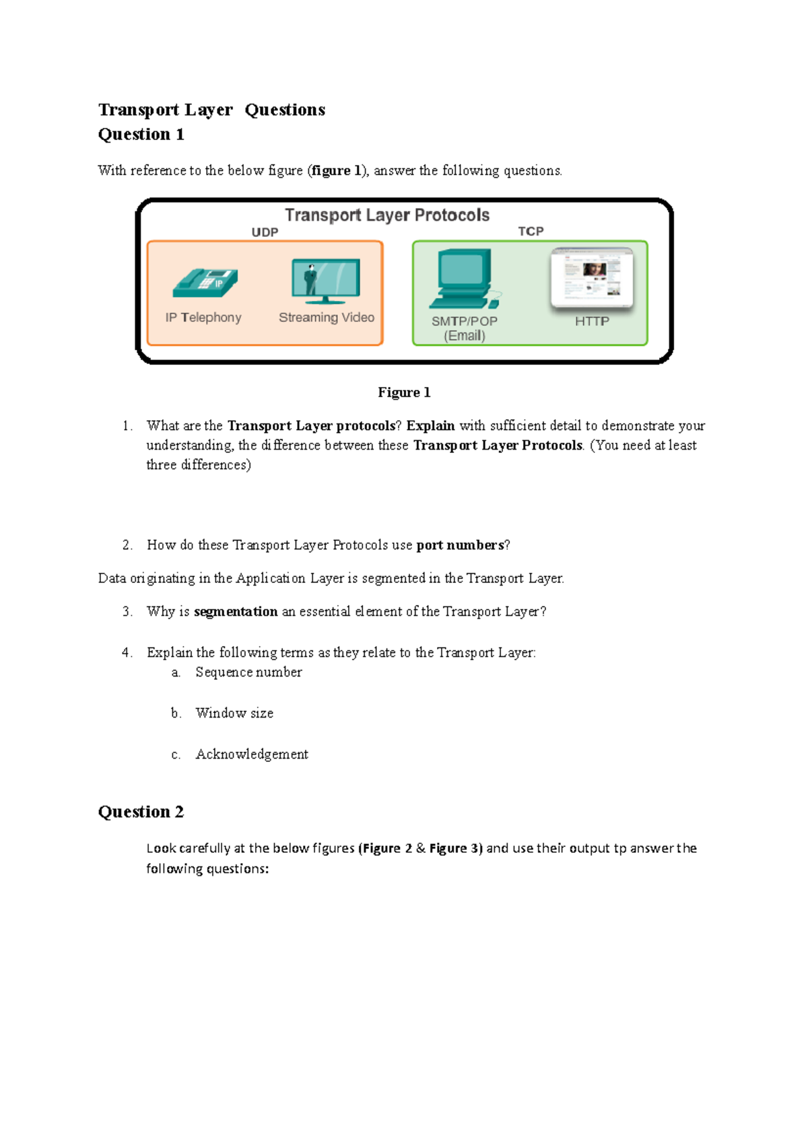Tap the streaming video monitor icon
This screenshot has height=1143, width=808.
click(326, 281)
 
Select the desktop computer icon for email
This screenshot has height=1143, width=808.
click(465, 279)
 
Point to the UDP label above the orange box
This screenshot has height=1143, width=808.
click(265, 232)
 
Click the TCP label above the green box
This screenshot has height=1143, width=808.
click(531, 231)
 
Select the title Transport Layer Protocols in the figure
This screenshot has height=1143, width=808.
click(387, 215)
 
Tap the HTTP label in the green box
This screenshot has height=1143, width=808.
click(592, 321)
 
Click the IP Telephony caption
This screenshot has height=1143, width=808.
click(203, 318)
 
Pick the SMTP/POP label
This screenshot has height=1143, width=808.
click(464, 321)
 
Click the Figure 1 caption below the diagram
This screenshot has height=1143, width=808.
click(404, 392)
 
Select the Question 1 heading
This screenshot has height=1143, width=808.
click(141, 135)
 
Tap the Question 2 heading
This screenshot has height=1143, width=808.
click(141, 812)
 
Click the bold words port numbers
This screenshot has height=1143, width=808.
click(460, 545)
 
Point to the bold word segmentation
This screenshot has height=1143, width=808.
click(236, 612)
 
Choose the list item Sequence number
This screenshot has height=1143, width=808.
click(248, 672)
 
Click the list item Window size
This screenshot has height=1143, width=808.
click(234, 714)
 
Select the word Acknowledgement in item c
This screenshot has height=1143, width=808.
click(252, 755)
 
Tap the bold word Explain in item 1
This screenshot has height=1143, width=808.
click(430, 426)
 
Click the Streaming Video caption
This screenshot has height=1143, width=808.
click(327, 318)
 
